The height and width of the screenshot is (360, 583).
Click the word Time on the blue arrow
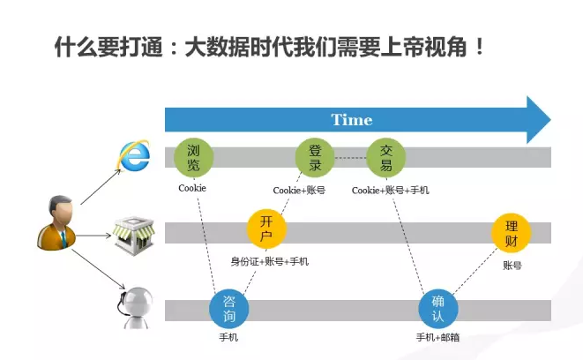351,119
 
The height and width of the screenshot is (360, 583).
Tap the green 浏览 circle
193,157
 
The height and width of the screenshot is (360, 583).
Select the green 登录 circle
314,157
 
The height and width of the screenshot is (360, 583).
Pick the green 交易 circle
385,157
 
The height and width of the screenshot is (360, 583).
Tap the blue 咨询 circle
228,309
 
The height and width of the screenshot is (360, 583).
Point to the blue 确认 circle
437,309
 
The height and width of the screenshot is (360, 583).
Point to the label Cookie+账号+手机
390,190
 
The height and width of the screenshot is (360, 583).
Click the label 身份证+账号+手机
270,261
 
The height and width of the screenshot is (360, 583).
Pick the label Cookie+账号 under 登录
299,190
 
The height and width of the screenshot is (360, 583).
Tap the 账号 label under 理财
512,265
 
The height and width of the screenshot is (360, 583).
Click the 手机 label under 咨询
228,337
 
